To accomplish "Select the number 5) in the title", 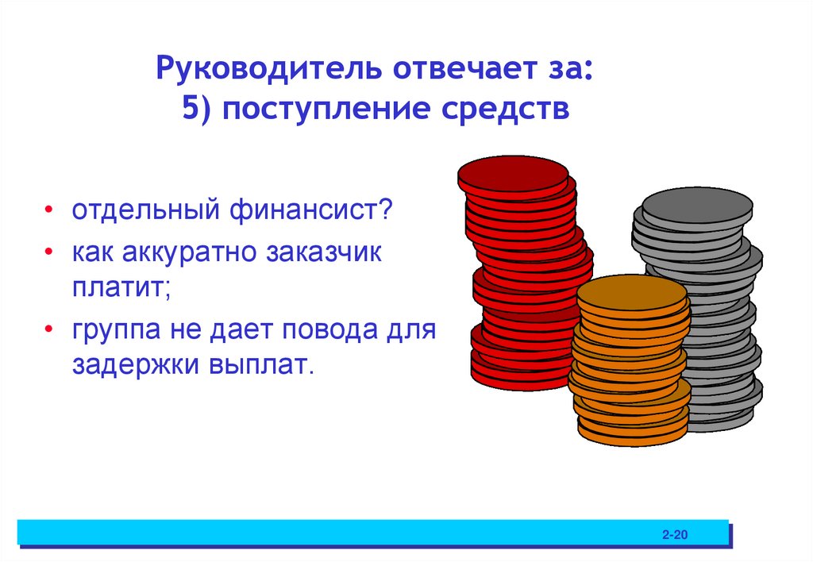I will pyautogui.click(x=195, y=110).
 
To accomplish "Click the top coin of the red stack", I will pyautogui.click(x=513, y=172).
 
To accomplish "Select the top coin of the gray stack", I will pyautogui.click(x=696, y=203).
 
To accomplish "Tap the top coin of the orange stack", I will pyautogui.click(x=631, y=293).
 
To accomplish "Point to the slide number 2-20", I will pyautogui.click(x=674, y=535).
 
